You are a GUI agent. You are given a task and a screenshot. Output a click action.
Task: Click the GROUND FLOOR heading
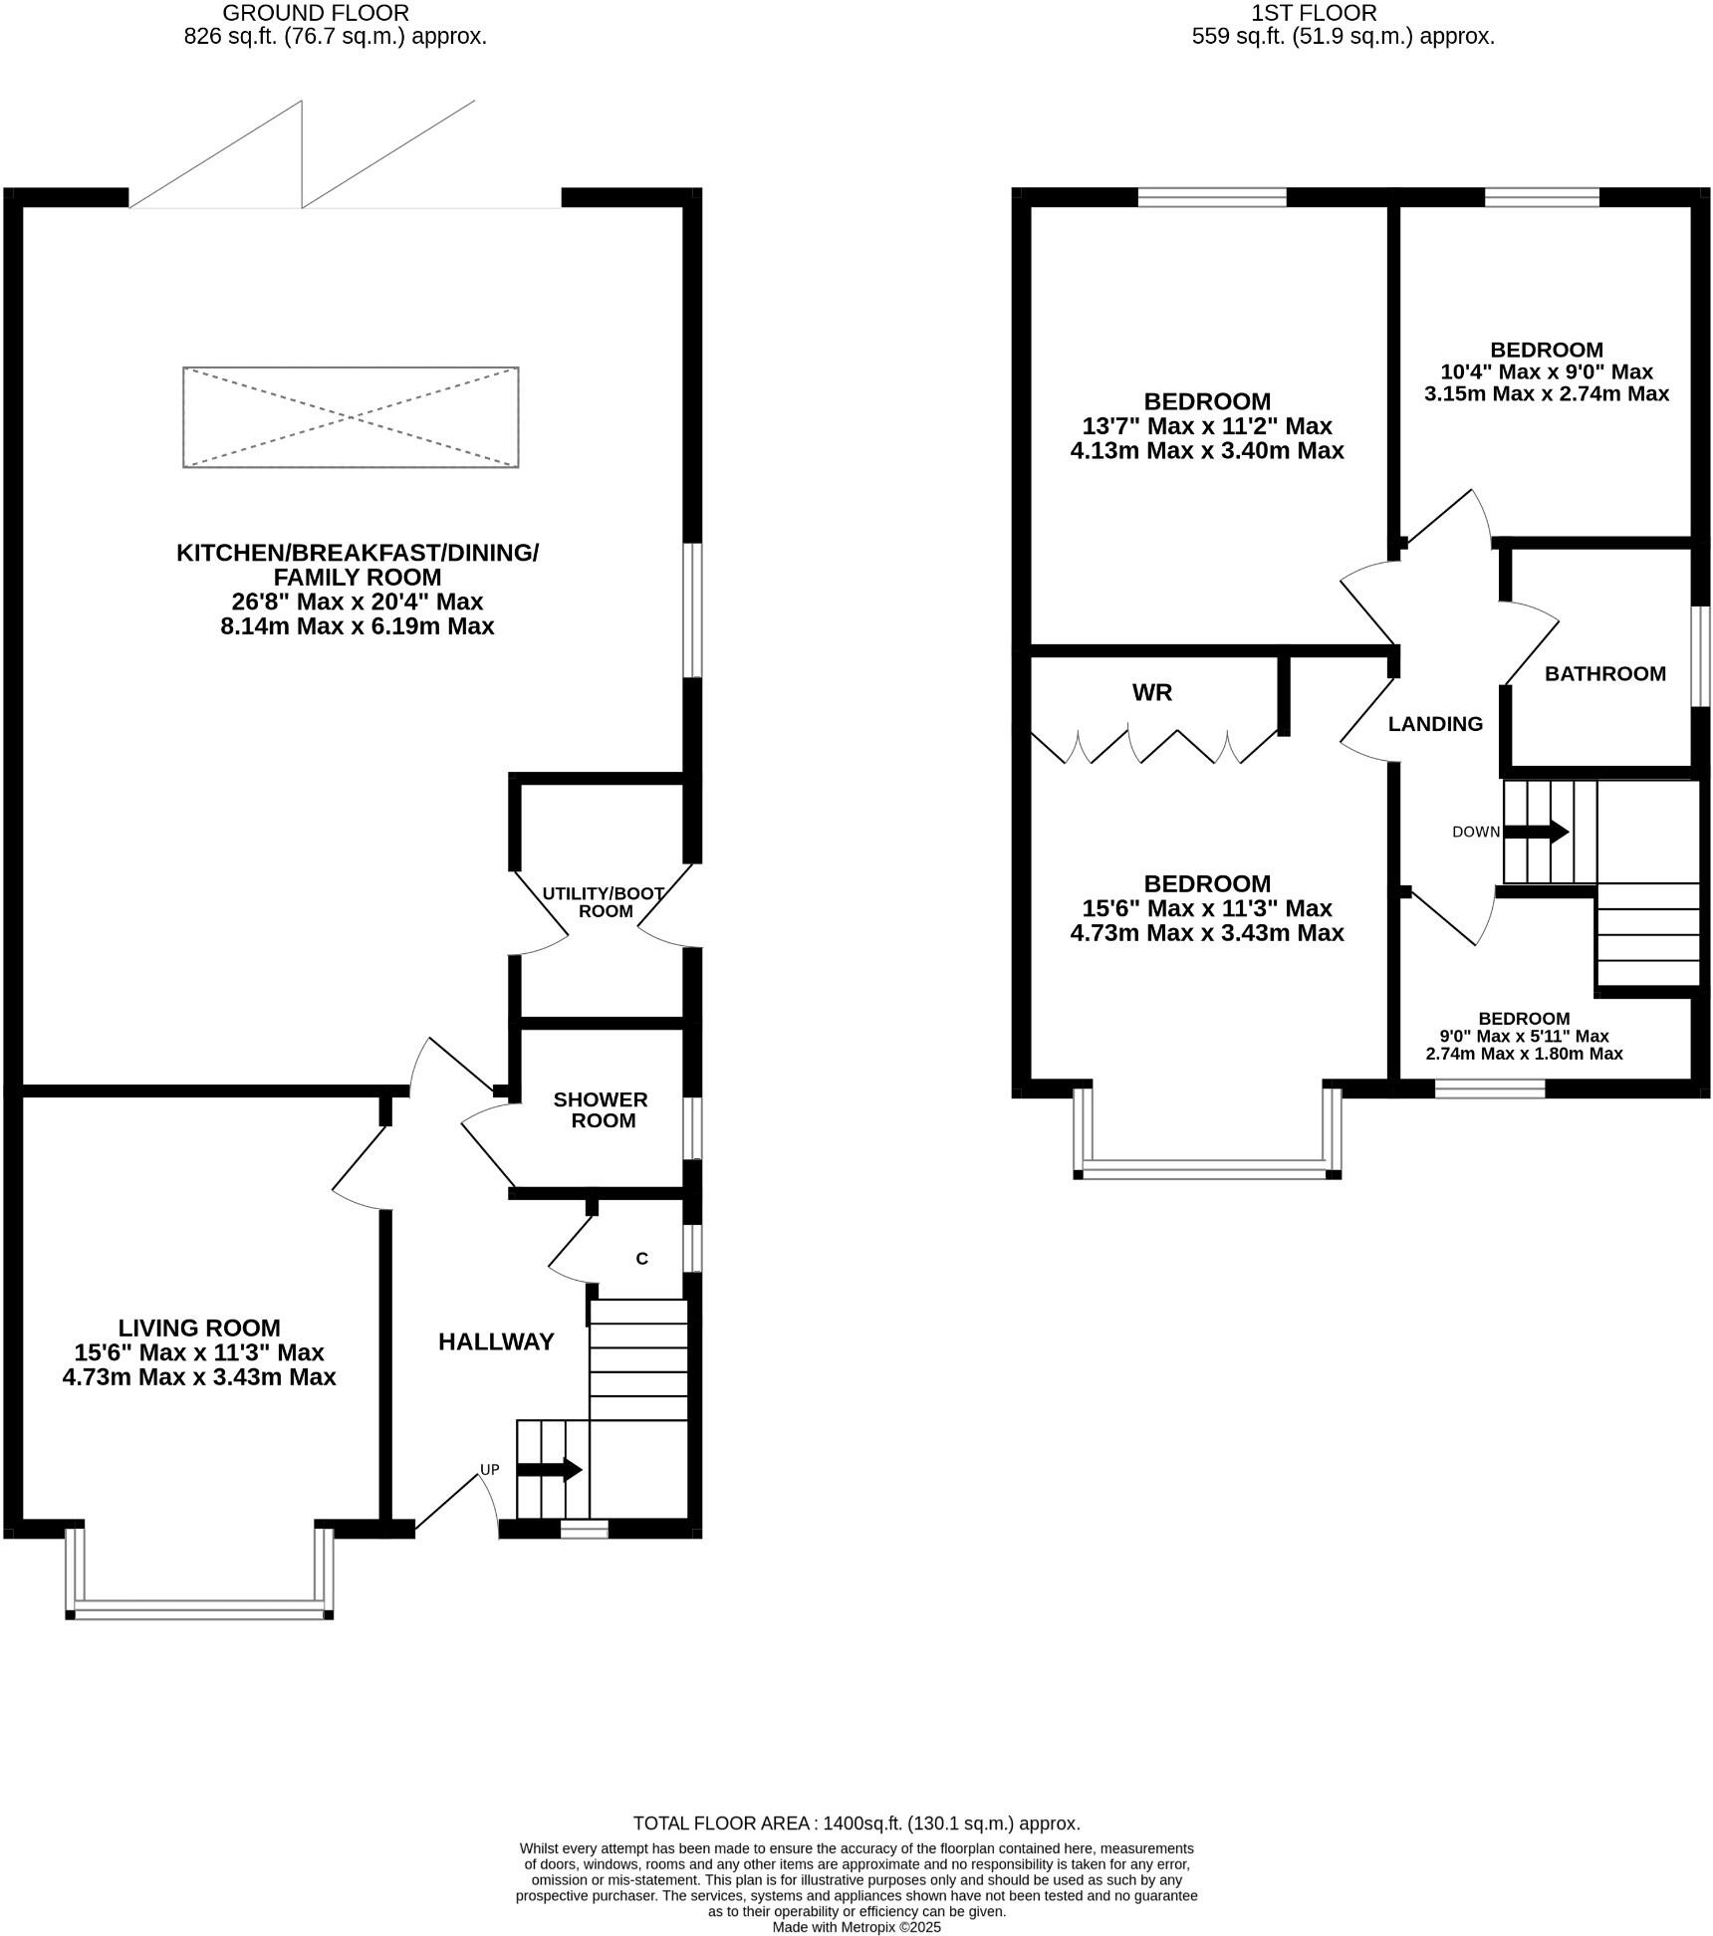pyautogui.click(x=315, y=13)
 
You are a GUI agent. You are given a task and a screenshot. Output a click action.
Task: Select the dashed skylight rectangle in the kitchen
pyautogui.click(x=351, y=417)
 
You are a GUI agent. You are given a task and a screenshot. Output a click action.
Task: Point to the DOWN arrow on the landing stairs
pyautogui.click(x=1536, y=832)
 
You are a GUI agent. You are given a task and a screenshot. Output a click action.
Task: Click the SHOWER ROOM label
pyautogui.click(x=601, y=1110)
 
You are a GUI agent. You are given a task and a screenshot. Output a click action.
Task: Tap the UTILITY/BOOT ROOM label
pyautogui.click(x=604, y=902)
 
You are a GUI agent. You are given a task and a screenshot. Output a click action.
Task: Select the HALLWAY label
pyautogui.click(x=496, y=1342)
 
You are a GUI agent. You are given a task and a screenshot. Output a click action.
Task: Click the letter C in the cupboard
pyautogui.click(x=641, y=1259)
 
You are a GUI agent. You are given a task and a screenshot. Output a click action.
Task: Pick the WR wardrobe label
pyautogui.click(x=1151, y=693)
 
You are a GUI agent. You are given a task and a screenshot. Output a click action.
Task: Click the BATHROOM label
pyautogui.click(x=1604, y=674)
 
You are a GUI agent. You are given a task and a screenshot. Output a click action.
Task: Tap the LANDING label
pyautogui.click(x=1435, y=724)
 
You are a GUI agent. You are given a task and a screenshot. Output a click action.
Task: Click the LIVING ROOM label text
pyautogui.click(x=199, y=1328)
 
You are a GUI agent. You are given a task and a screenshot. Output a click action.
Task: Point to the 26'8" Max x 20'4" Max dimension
pyautogui.click(x=357, y=602)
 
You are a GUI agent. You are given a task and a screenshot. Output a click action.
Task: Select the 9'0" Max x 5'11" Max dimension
pyautogui.click(x=1524, y=1036)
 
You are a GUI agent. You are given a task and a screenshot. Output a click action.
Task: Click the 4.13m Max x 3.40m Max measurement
pyautogui.click(x=1207, y=451)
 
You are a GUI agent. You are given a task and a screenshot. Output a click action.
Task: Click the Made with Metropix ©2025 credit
pyautogui.click(x=856, y=1927)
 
